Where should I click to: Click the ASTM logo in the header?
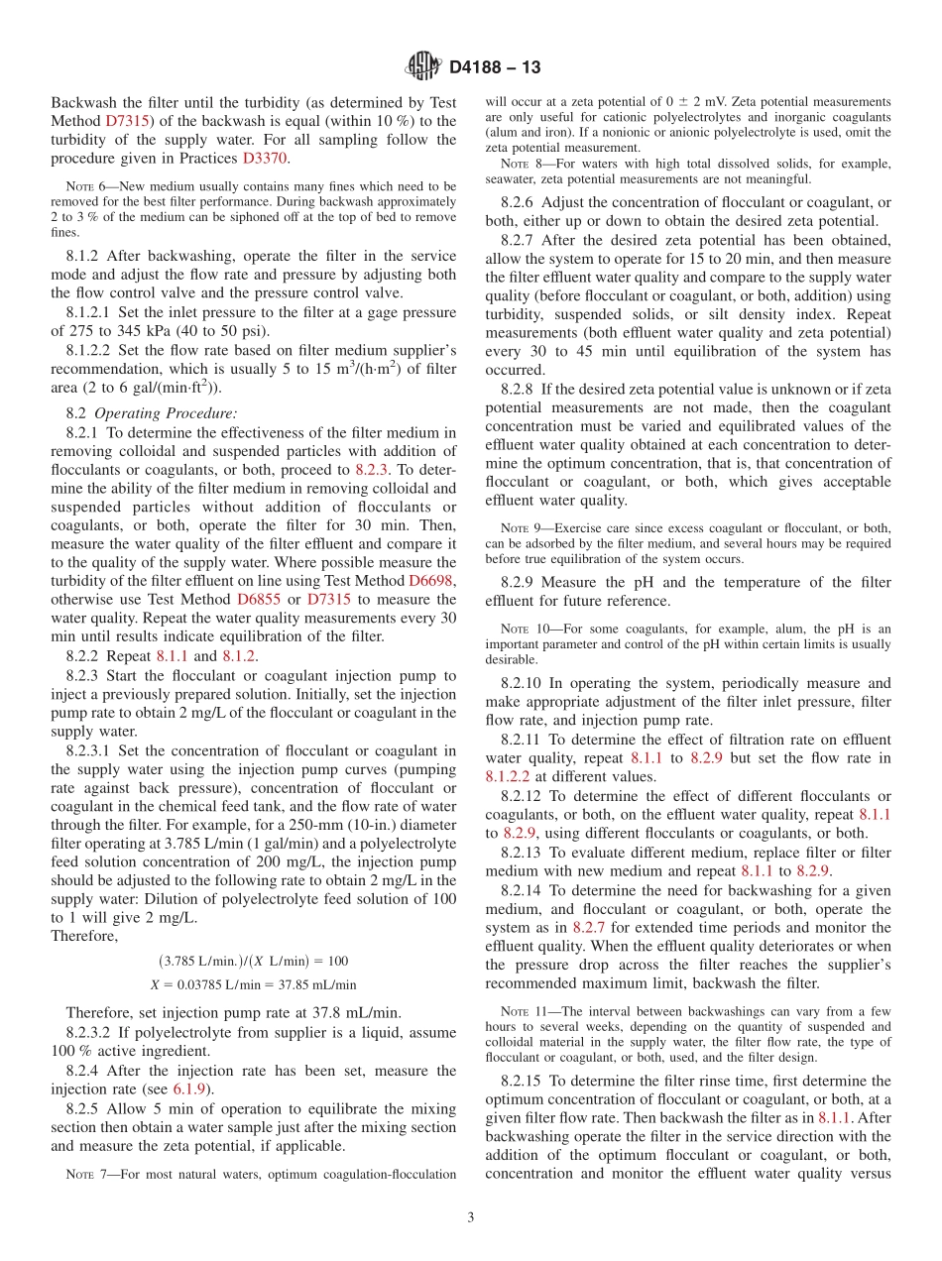(x=423, y=67)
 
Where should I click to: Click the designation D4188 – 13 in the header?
(x=495, y=68)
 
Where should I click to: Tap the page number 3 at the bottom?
(x=470, y=1216)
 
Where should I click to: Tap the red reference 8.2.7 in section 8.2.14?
(x=590, y=927)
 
